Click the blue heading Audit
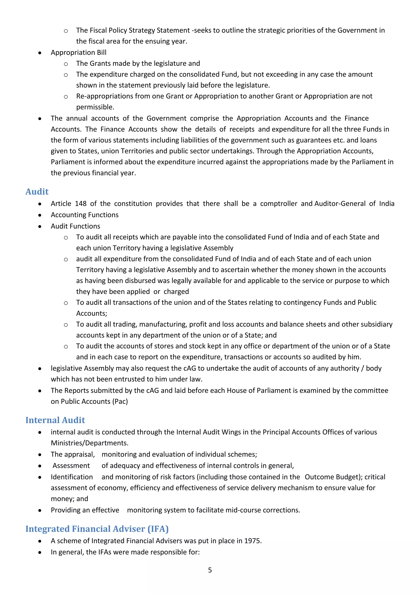37,192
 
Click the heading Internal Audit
55,420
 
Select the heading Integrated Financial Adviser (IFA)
97,529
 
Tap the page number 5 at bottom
210,570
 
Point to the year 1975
252,541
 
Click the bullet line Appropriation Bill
79,53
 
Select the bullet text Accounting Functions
84,215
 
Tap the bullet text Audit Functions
75,226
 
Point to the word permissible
95,107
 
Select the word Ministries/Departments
89,443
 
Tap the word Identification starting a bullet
72,477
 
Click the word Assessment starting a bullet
71,466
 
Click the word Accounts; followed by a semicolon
91,314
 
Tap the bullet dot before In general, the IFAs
40,552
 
